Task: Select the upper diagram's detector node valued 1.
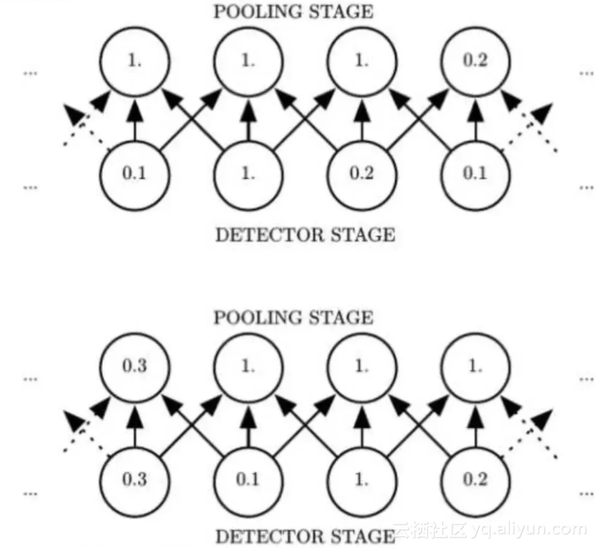[248, 175]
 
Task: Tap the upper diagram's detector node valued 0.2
[362, 175]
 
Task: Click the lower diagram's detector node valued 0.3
[134, 480]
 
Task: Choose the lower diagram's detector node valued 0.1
[248, 480]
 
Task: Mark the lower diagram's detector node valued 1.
[362, 480]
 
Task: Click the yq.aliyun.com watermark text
[518, 529]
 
